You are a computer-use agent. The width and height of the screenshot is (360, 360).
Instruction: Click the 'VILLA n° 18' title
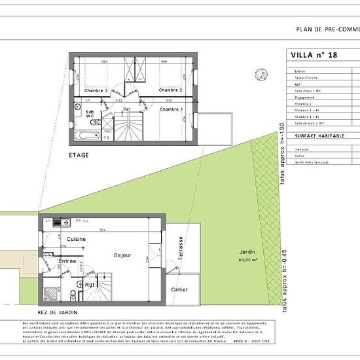coord(313,56)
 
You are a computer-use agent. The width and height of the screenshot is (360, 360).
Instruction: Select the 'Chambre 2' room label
coord(170,90)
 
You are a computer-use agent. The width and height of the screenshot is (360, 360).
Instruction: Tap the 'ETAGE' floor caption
coord(79,155)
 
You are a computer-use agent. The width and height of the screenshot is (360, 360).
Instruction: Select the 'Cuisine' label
coord(76,240)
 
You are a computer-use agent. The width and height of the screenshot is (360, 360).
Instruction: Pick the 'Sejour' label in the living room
coord(122,255)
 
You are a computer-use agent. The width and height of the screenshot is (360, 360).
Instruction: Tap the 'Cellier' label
coord(179,289)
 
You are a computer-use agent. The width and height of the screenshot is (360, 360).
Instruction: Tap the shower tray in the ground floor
coord(51,290)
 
